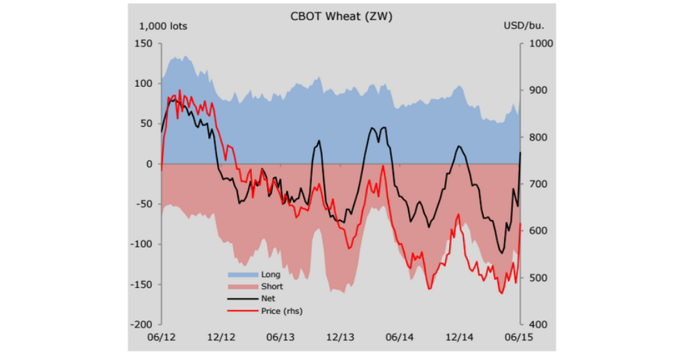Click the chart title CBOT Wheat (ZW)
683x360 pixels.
(x=341, y=17)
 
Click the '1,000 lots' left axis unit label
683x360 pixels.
(x=164, y=26)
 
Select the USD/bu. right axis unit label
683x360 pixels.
(x=524, y=26)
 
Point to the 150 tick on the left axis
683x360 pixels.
(x=143, y=43)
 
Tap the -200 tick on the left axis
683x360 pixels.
(x=142, y=324)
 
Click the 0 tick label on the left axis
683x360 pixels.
(x=149, y=164)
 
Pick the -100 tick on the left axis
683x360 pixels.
(x=142, y=244)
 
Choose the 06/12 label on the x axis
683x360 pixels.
(x=161, y=337)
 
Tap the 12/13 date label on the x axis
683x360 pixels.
(x=340, y=337)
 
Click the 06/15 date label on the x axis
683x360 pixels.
(x=519, y=337)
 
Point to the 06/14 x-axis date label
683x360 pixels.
(x=400, y=337)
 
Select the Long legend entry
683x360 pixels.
(x=270, y=274)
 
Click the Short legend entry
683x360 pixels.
(x=272, y=286)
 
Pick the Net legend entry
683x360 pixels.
(x=267, y=299)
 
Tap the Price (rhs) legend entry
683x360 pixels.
(x=281, y=311)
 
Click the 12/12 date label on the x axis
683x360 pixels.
(x=221, y=337)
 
